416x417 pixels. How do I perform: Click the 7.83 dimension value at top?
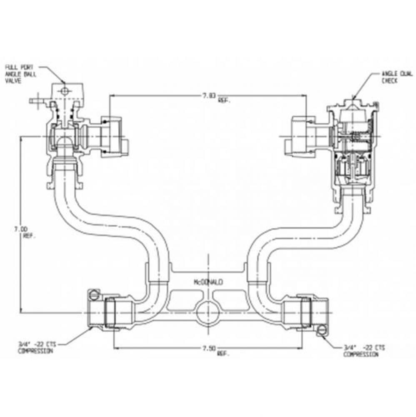click(208, 96)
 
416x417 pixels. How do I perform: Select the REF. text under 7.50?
click(223, 353)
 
